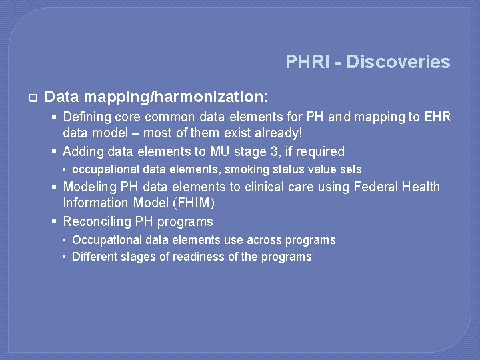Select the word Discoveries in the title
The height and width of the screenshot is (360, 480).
(398, 62)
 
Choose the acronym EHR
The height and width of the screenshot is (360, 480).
(437, 117)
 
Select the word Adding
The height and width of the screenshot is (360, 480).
(85, 151)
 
